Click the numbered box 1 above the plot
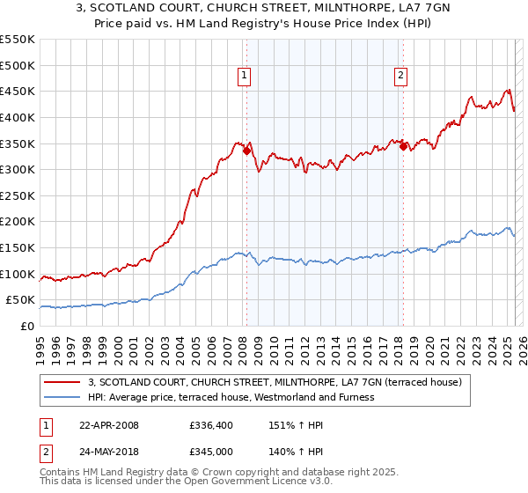pyautogui.click(x=244, y=76)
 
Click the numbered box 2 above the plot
pyautogui.click(x=400, y=76)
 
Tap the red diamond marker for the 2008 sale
pyautogui.click(x=246, y=151)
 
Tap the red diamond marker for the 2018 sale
pyautogui.click(x=403, y=146)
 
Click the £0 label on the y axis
pyautogui.click(x=28, y=326)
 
